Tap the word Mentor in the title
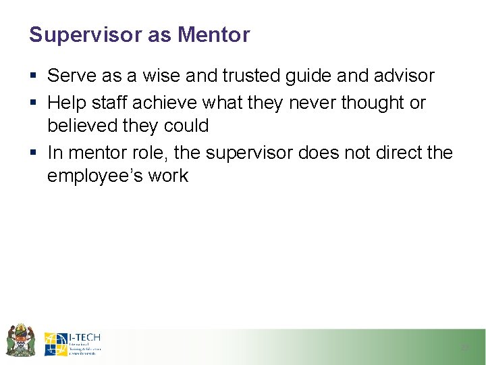point(214,34)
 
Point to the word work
point(168,176)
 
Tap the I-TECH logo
point(73,343)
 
